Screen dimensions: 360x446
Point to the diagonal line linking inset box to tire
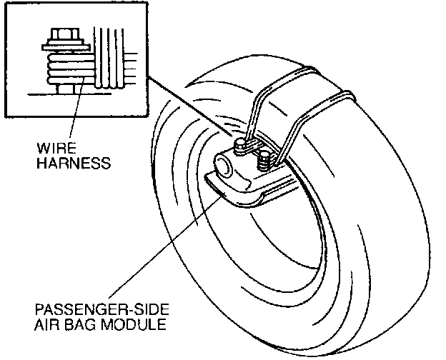point(193,107)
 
